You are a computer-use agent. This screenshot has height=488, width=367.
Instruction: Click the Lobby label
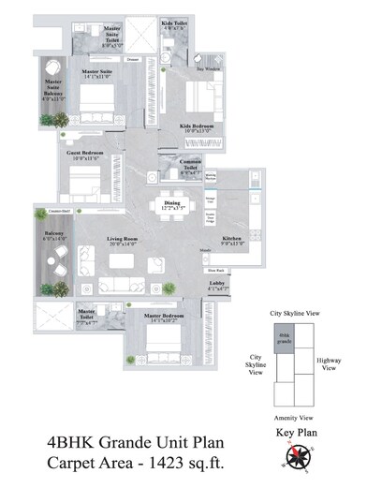[x=217, y=284]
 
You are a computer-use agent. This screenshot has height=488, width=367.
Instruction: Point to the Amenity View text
[x=291, y=418]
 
